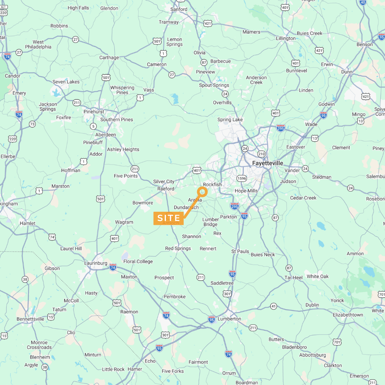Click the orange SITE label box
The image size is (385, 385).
point(169,218)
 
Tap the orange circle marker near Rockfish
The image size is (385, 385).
point(202,191)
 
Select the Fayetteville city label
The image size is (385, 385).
point(268,163)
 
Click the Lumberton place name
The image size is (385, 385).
point(229,319)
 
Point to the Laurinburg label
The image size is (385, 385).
point(95,263)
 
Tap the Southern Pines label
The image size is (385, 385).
point(117,120)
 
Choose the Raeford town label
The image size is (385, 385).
point(166,189)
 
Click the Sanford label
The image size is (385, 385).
point(179,9)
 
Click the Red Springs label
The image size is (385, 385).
point(178,248)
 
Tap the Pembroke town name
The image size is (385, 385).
point(174,296)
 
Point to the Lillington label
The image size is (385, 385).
point(286,38)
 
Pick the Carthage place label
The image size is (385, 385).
point(109,58)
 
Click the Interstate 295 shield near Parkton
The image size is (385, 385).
point(234,206)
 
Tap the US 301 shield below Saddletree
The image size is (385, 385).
point(227,294)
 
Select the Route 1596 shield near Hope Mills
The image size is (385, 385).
point(242,178)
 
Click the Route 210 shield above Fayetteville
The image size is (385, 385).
point(261,154)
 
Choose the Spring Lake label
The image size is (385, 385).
point(230,120)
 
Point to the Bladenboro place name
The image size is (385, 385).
point(294,347)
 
